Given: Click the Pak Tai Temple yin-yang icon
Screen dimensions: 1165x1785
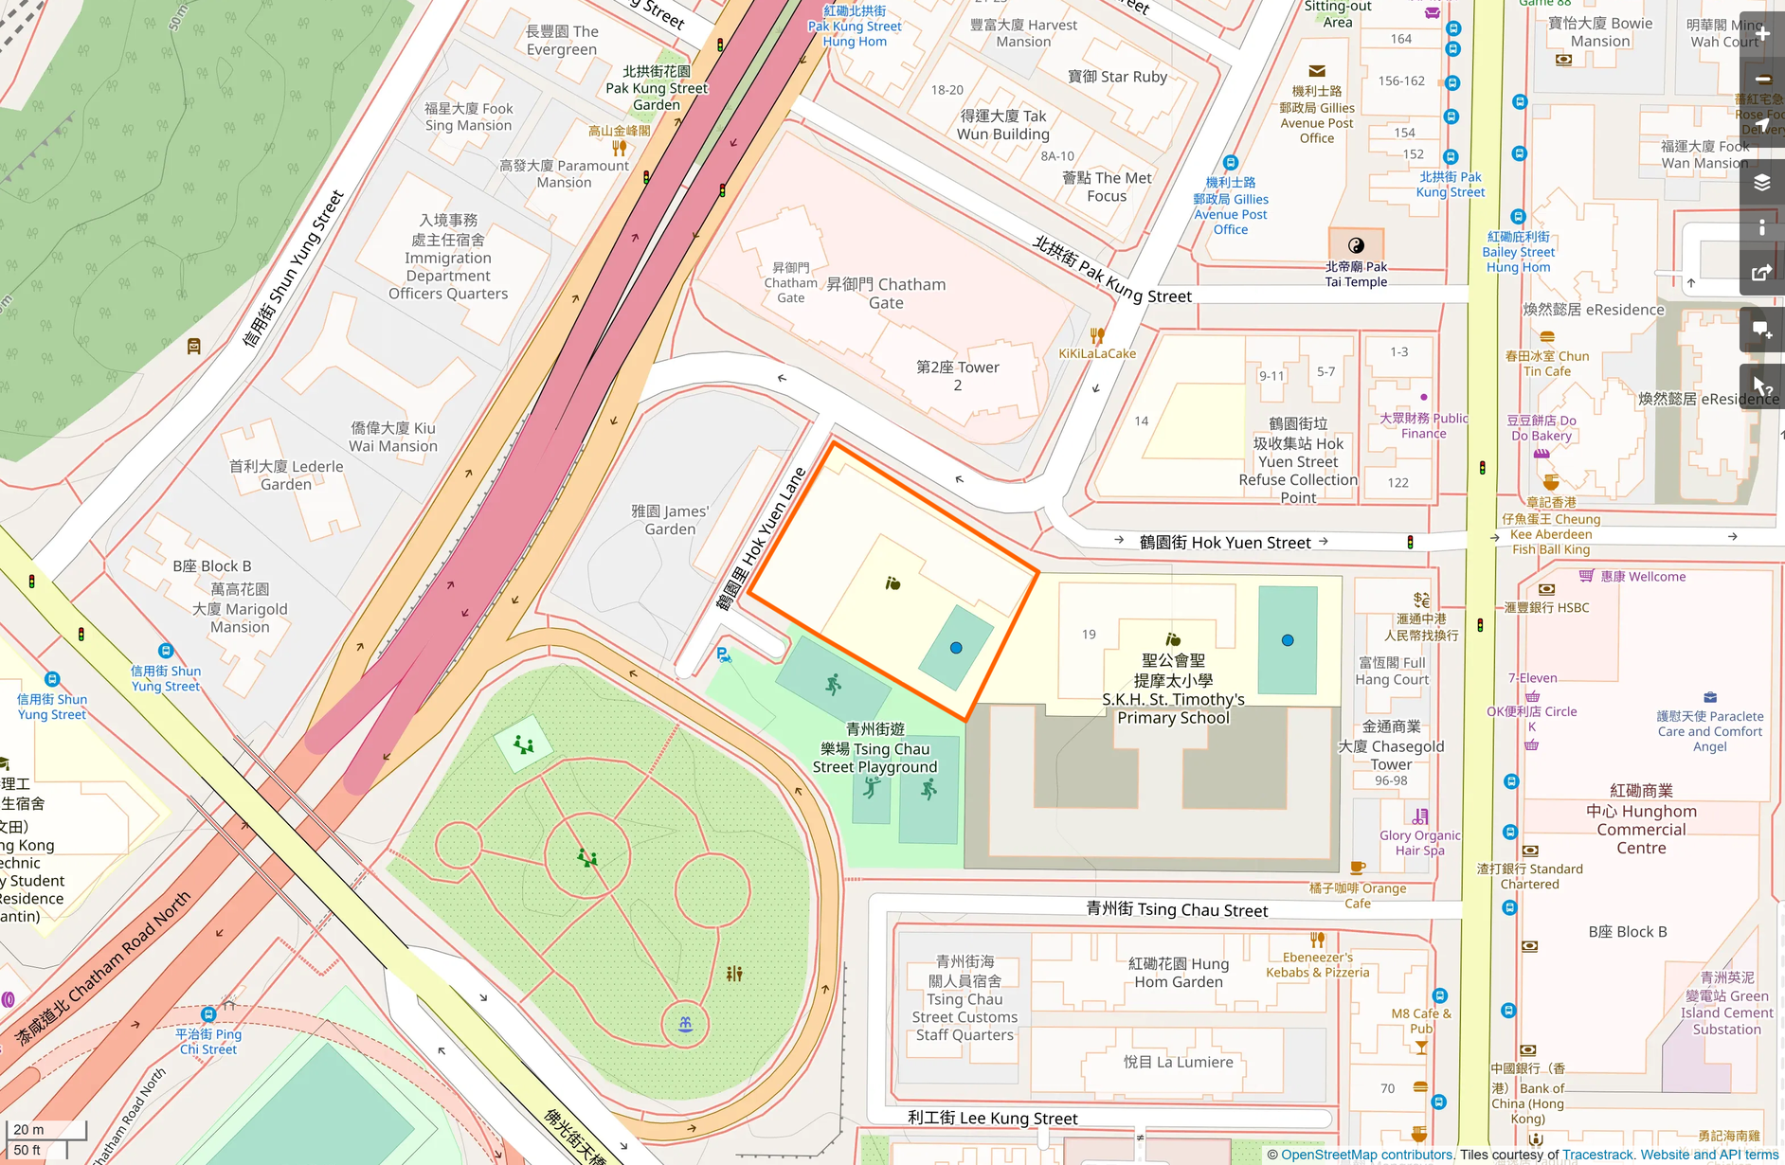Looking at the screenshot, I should (x=1356, y=245).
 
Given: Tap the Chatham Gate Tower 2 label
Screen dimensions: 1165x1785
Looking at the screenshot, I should (x=958, y=376).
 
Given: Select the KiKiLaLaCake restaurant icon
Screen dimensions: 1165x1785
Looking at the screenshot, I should (x=1097, y=335).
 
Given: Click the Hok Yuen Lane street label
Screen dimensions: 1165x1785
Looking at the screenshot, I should (x=761, y=539).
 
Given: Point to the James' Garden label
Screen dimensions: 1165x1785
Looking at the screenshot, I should (x=670, y=520).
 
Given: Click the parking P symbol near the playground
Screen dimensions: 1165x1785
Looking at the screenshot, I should (x=723, y=654).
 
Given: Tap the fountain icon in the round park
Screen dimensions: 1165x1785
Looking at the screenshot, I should (x=685, y=1024).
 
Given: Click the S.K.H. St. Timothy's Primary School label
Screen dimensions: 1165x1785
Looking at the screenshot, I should (x=1173, y=690).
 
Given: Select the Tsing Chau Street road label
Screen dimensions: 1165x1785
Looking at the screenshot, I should (x=1177, y=910).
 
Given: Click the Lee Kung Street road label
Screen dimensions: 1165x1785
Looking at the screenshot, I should (x=992, y=1119).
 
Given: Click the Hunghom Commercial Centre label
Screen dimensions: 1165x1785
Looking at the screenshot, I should (x=1641, y=820).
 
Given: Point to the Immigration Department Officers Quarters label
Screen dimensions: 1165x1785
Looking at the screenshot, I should (x=448, y=258).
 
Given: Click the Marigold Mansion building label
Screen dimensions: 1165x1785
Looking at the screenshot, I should (x=240, y=608).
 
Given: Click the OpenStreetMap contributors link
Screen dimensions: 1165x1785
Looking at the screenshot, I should (x=1366, y=1155).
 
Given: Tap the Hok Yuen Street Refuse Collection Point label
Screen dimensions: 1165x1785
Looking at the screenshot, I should (x=1298, y=461).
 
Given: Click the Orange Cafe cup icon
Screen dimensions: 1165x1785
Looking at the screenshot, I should (x=1358, y=867).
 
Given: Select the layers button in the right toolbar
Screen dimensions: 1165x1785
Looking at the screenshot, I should (x=1761, y=182).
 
